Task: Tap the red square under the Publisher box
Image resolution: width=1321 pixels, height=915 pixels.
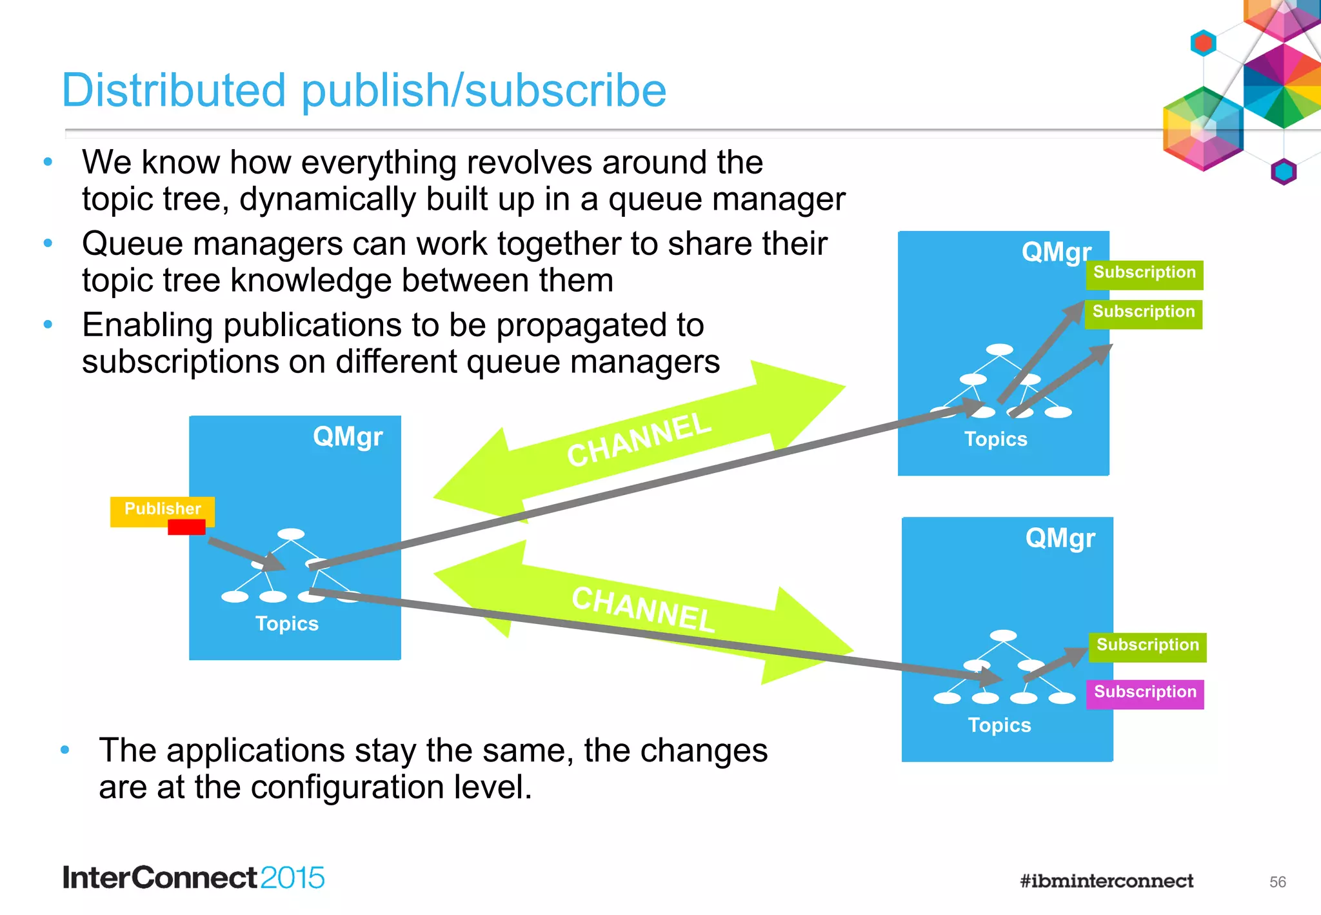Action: point(186,528)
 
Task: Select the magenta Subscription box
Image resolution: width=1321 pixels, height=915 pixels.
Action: point(1145,694)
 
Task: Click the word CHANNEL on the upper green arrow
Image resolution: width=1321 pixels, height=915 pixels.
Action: point(639,440)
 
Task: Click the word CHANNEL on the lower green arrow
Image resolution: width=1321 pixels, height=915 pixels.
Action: point(643,609)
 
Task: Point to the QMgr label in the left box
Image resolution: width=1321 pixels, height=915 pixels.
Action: point(348,437)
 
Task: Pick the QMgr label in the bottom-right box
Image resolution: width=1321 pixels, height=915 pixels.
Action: point(1060,538)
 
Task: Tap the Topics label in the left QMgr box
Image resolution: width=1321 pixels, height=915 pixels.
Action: point(287,624)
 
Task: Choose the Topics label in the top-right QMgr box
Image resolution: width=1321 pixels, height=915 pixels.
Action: point(995,439)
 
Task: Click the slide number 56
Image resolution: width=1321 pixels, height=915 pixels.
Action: point(1277,882)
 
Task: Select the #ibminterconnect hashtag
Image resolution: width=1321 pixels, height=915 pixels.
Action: point(1106,881)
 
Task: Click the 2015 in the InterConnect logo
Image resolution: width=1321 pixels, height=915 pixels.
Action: point(292,878)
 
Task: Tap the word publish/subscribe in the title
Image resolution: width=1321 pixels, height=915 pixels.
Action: point(484,90)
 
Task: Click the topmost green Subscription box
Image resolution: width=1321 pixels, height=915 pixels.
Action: point(1144,274)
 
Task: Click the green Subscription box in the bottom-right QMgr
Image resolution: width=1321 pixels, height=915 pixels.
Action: point(1147,646)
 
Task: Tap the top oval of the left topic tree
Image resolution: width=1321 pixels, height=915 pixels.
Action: point(291,534)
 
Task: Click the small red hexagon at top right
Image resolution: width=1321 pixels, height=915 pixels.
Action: point(1203,43)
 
